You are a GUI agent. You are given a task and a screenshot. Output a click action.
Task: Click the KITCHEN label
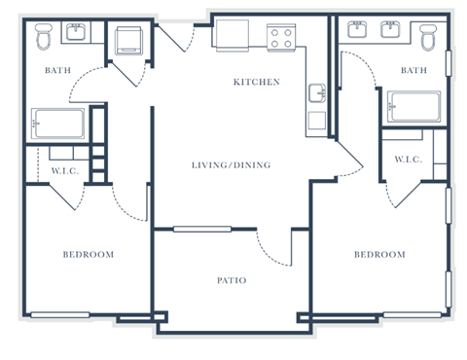point(256,82)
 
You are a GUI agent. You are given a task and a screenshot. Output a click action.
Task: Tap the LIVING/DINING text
point(231,165)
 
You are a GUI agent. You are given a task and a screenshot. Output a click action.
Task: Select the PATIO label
point(231,281)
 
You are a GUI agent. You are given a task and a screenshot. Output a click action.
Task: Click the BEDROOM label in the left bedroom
point(89,255)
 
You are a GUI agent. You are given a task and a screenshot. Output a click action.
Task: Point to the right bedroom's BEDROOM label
point(378,255)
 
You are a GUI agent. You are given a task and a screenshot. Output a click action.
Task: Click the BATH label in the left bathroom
point(59,70)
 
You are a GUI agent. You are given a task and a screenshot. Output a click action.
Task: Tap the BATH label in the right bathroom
point(413,70)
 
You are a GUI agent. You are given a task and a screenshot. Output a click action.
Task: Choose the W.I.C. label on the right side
point(408,160)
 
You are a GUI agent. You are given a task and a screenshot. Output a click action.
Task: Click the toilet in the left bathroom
point(43,38)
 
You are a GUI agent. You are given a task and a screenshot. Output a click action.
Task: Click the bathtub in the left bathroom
point(57,124)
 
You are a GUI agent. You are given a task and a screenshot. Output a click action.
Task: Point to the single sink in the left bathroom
point(76,33)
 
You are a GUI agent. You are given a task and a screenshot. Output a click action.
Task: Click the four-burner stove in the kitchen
point(281,38)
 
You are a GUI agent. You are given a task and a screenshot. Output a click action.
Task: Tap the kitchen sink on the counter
point(317,94)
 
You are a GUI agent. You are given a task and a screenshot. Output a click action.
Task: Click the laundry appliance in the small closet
point(128,42)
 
